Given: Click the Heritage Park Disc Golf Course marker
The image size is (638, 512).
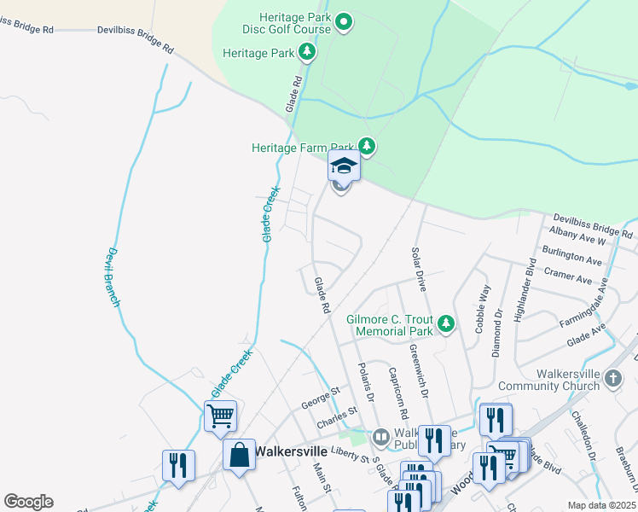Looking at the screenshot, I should pyautogui.click(x=344, y=21).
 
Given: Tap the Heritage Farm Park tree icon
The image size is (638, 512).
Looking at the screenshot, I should pyautogui.click(x=367, y=147).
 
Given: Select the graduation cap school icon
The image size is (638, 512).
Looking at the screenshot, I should pyautogui.click(x=344, y=165).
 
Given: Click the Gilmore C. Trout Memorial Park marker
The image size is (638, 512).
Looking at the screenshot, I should pyautogui.click(x=444, y=323).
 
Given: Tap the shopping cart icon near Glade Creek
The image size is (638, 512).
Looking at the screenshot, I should pyautogui.click(x=221, y=416).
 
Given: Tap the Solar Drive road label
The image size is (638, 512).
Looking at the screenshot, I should pyautogui.click(x=418, y=264).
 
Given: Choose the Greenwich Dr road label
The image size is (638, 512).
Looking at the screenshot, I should pyautogui.click(x=418, y=372).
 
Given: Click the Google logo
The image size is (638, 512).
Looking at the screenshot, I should pyautogui.click(x=28, y=502).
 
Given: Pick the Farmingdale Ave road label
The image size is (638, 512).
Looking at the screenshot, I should pyautogui.click(x=595, y=300).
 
